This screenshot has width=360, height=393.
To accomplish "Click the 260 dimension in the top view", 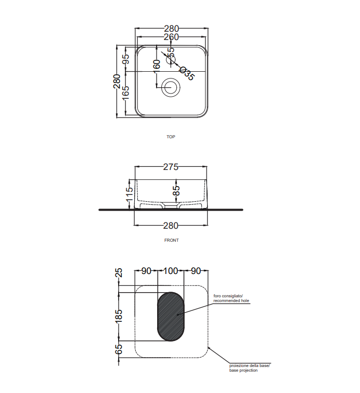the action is tap(171, 37).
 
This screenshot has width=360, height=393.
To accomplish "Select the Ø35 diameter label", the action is tap(187, 73).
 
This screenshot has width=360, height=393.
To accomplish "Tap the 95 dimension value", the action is tap(126, 59).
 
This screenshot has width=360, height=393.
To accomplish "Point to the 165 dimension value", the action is tap(126, 93).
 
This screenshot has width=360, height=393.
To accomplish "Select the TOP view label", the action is tap(171, 137).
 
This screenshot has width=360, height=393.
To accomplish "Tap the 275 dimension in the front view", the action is tap(171, 167).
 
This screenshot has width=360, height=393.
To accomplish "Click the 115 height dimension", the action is tap(129, 194).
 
